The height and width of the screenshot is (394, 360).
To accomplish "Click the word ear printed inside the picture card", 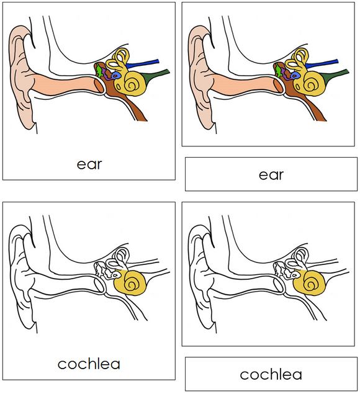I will (89, 164).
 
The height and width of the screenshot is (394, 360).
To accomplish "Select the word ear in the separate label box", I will (271, 174).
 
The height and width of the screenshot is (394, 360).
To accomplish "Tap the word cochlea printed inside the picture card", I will (89, 364).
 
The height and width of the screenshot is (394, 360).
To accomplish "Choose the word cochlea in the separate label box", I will (271, 374).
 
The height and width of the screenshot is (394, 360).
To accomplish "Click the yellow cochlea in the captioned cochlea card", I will (131, 283).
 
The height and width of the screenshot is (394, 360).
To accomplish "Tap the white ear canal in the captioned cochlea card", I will (62, 282).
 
